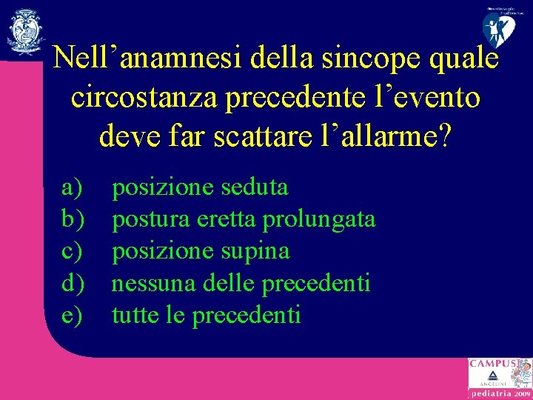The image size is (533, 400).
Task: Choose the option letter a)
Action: pos(72,187)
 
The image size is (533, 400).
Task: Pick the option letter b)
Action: pos(73,219)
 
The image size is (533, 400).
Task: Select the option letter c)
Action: pos(72,251)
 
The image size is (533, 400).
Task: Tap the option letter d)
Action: pos(73,283)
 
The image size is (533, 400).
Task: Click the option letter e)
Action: pos(72,316)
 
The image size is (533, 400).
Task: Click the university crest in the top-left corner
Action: pos(26,31)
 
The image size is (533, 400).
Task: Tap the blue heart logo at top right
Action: pos(501,28)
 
